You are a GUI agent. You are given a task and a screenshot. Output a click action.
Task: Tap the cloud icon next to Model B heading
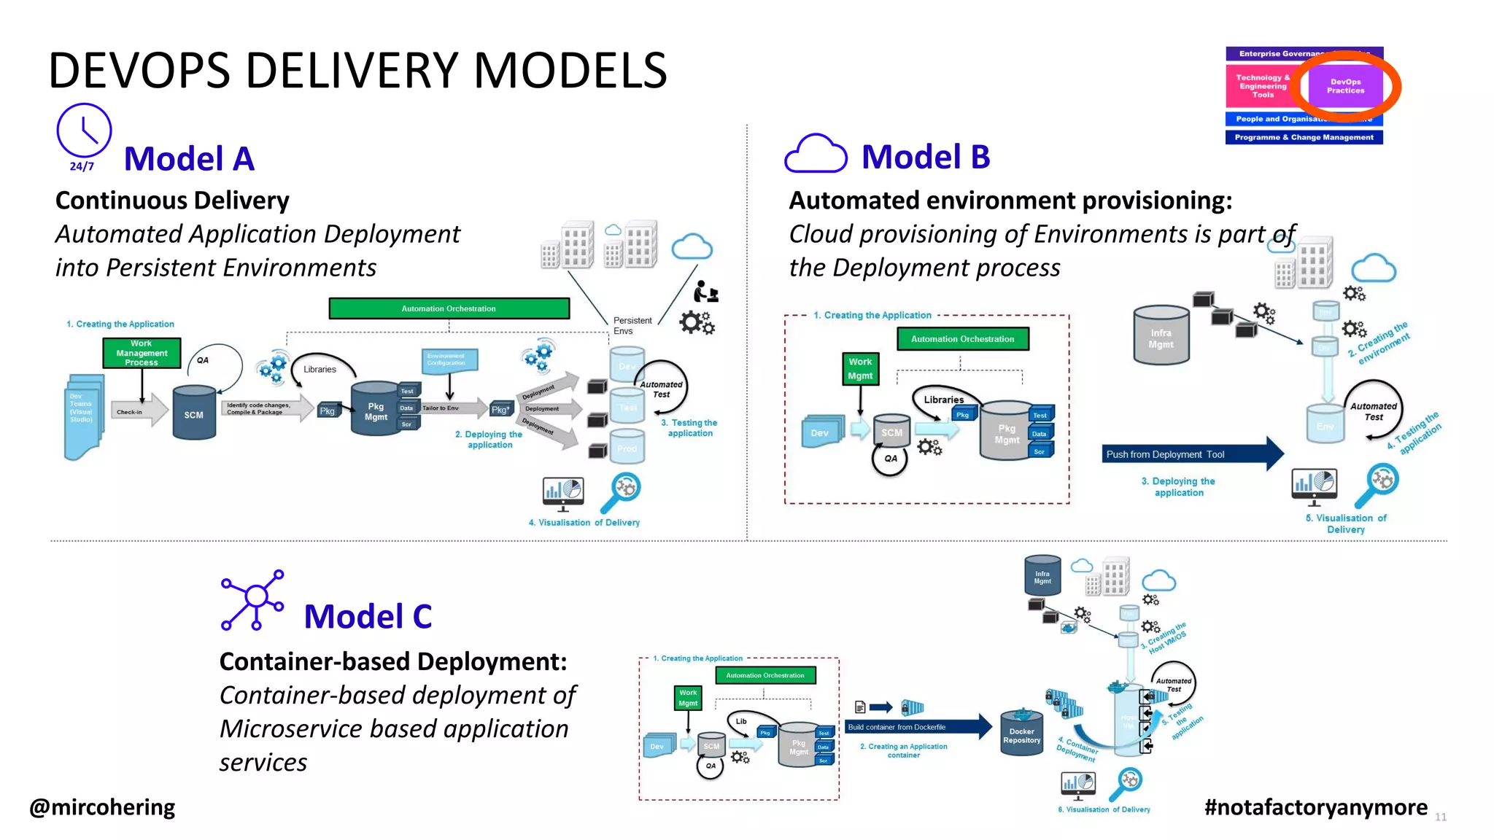815,154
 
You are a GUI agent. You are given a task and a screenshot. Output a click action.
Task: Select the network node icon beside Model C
252,599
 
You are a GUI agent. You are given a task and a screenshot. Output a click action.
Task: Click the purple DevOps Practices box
1345,86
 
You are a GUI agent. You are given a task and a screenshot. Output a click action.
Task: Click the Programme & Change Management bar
1304,137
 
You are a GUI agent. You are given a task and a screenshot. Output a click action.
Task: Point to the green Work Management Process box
142,353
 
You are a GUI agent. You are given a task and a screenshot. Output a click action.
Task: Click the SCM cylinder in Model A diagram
194,413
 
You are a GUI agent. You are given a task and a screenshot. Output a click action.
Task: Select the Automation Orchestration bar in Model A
449,308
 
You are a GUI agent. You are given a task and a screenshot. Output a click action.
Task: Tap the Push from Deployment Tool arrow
1189,454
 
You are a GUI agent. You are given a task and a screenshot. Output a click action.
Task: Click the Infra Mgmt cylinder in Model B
1161,335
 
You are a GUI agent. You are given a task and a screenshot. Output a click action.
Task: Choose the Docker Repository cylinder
1021,733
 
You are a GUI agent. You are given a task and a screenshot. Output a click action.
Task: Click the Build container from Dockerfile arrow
916,727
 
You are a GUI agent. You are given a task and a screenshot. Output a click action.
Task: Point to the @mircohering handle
102,807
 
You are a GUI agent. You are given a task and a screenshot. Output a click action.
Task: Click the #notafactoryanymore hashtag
1315,807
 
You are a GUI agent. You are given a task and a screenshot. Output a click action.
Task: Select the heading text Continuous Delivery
172,201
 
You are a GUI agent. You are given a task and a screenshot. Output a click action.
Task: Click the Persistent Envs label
632,325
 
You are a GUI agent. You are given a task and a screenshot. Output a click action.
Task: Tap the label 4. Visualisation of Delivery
584,523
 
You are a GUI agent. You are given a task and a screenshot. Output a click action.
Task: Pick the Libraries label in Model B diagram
943,400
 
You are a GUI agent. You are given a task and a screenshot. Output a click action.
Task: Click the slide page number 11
1440,817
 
